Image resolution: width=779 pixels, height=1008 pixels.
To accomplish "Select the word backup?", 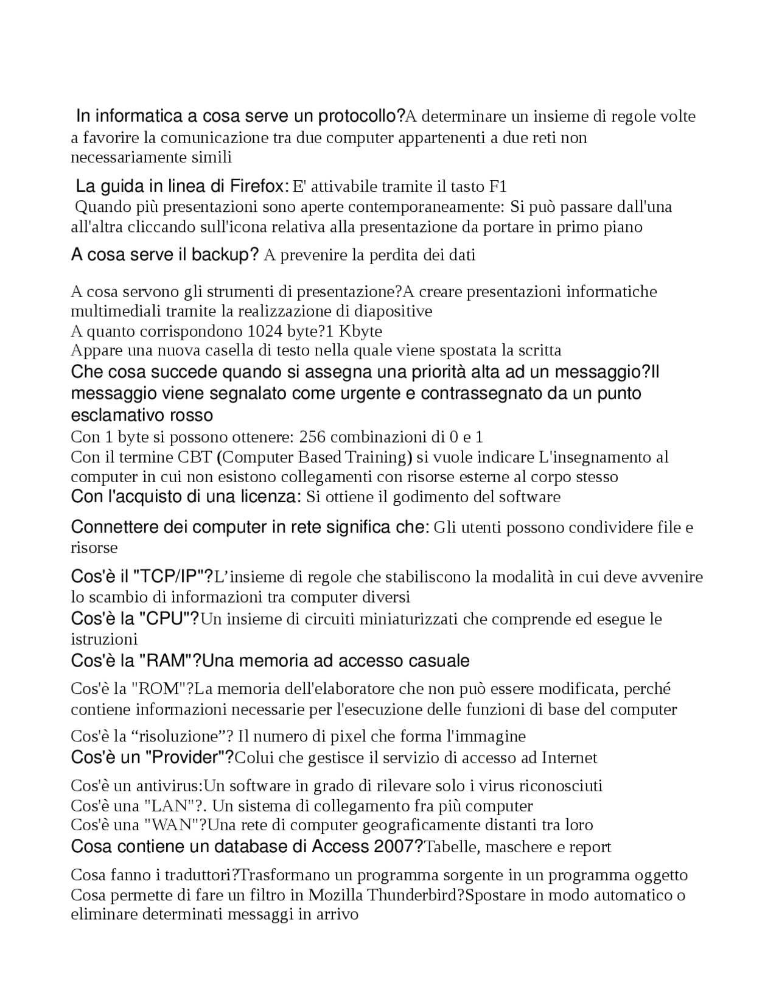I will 225,254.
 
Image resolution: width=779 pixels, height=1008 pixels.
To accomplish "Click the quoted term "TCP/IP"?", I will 173,576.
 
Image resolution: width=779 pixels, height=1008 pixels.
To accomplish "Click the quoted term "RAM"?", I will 170,660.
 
